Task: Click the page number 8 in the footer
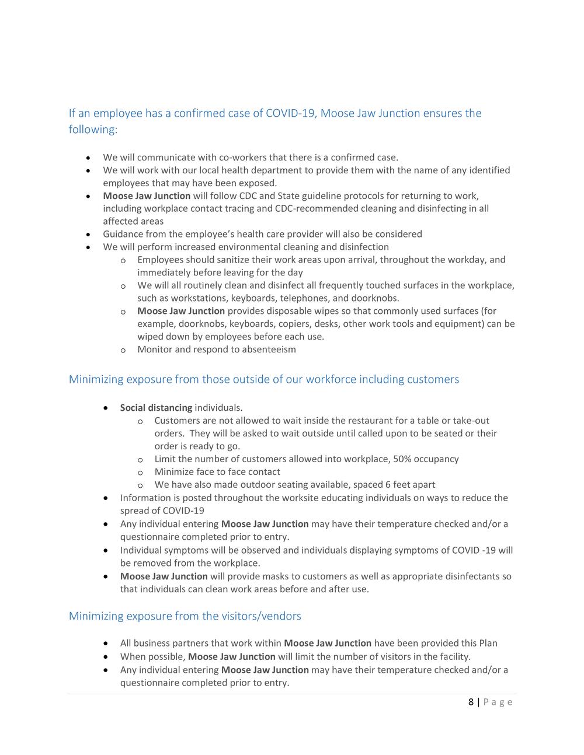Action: point(471,702)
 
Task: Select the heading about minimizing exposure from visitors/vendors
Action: point(185,616)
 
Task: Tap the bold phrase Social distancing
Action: point(156,408)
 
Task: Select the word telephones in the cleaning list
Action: point(304,298)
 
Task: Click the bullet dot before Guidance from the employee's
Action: point(88,235)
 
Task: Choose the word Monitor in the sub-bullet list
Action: point(155,349)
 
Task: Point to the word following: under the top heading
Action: point(93,130)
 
